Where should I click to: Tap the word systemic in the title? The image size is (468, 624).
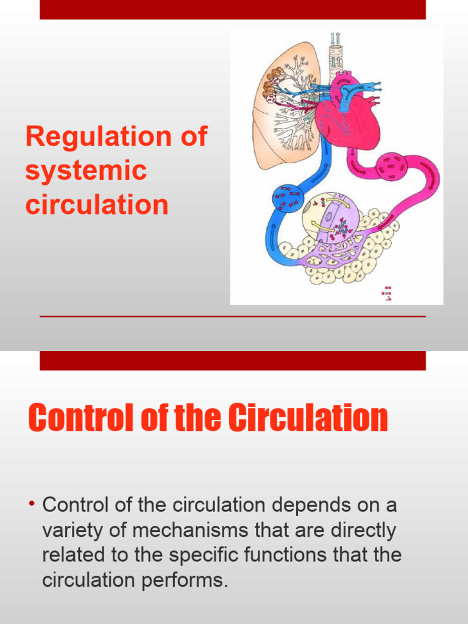click(85, 171)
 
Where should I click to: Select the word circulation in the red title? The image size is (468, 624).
click(96, 205)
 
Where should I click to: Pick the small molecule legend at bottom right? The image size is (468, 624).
click(386, 293)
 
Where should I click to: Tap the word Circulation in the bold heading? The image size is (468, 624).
click(308, 419)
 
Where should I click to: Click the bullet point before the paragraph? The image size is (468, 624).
click(31, 505)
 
